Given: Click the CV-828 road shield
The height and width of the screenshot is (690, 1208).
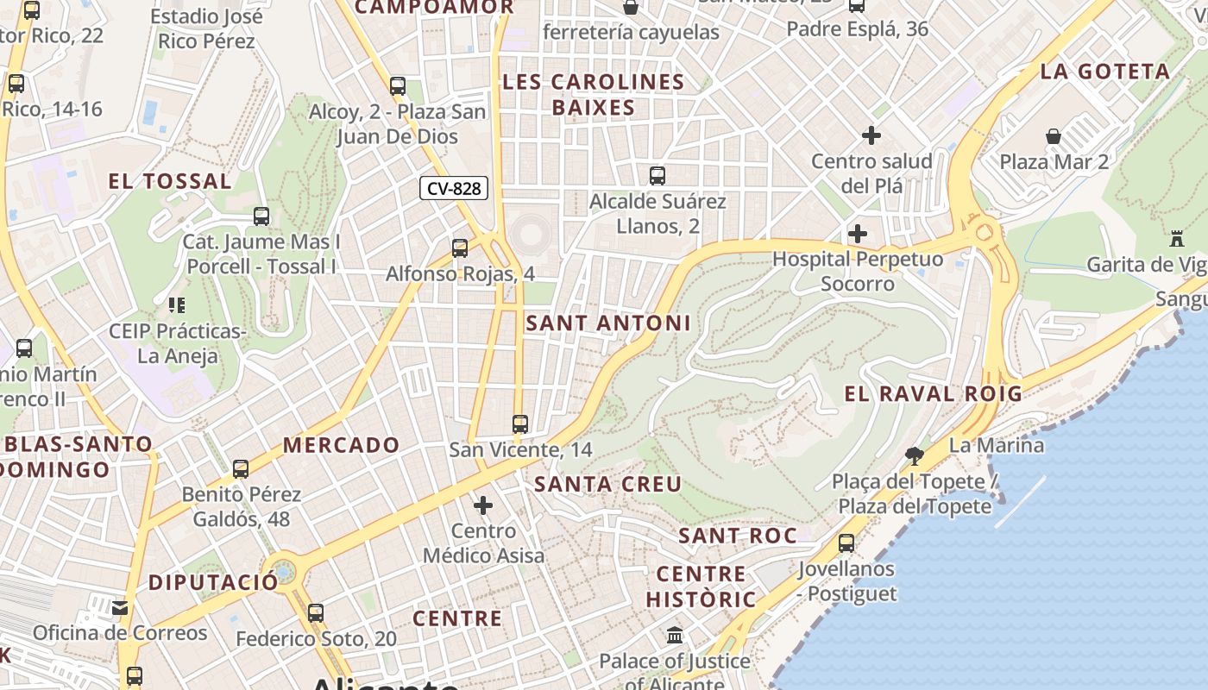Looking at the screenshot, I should click(454, 188).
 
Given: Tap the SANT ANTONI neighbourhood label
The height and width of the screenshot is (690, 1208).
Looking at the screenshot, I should click(608, 323).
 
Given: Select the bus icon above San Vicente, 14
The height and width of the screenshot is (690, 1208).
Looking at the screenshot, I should click(519, 424).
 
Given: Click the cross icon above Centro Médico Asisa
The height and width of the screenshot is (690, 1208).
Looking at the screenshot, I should click(483, 505).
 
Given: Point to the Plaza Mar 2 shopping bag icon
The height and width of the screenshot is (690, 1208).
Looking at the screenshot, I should click(1054, 136).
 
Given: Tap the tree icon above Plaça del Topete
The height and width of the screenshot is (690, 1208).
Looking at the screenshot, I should click(915, 455).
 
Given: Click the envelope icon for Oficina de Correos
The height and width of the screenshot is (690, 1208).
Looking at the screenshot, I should click(120, 608).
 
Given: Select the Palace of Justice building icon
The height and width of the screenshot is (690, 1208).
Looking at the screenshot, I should click(675, 637).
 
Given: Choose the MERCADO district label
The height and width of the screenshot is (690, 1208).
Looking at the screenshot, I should click(342, 445).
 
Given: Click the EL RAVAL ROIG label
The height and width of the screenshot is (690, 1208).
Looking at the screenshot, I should click(933, 394).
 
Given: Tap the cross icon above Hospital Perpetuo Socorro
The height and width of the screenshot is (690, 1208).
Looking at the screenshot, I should click(858, 234).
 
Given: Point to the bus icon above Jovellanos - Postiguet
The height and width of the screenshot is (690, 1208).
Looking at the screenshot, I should click(846, 543).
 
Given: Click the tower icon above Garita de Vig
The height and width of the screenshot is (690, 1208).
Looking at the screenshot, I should click(1177, 238).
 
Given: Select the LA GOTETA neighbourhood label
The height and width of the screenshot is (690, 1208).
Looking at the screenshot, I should click(1105, 72).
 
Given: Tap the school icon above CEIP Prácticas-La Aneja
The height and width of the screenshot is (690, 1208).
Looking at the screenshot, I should click(177, 304).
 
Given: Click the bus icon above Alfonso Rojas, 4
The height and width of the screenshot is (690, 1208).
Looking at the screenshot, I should click(460, 248).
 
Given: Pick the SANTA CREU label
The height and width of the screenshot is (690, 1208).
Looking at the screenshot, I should click(608, 484).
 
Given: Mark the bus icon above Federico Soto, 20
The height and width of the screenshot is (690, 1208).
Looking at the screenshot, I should click(316, 613).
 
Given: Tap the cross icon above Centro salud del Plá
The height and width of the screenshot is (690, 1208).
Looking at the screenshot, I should click(871, 135).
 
